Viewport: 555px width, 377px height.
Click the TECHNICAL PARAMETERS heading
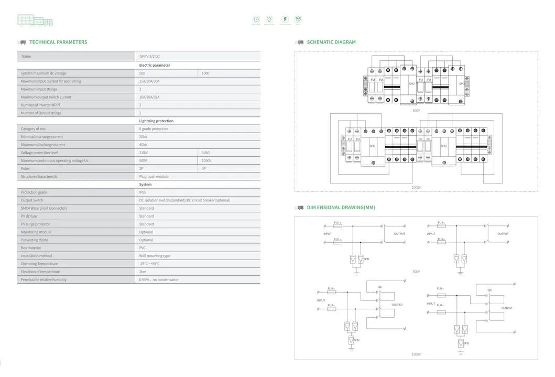58,42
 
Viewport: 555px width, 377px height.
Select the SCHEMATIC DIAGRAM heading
331,42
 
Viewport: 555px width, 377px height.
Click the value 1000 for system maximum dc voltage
205,73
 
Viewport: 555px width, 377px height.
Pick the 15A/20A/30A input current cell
149,81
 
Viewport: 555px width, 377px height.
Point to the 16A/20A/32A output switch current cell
149,97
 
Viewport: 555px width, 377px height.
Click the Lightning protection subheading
156,121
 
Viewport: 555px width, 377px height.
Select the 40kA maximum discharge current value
143,145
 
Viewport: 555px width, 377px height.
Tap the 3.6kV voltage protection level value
206,153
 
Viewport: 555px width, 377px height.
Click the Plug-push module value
154,177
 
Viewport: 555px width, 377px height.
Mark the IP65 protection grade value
143,192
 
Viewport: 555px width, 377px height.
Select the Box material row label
31,248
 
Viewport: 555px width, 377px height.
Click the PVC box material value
143,248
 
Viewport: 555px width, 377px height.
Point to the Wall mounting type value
155,256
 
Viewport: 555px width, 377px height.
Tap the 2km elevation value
143,272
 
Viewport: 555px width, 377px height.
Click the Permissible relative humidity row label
43,279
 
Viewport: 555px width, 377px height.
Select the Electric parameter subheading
155,66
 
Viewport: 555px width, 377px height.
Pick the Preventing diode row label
35,240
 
